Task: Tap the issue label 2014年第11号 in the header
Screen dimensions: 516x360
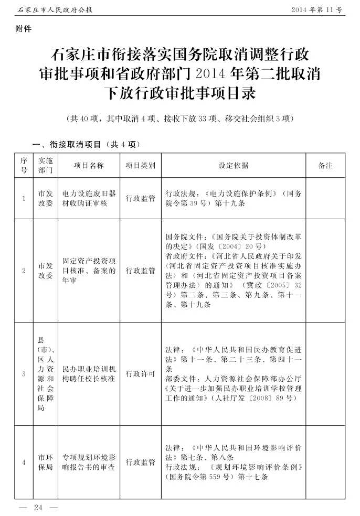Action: [x=316, y=10]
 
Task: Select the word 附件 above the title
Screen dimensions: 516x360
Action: [x=24, y=29]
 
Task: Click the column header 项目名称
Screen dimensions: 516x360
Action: [x=88, y=166]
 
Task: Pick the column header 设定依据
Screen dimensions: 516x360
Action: [x=233, y=166]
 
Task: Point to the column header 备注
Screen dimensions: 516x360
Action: [x=325, y=166]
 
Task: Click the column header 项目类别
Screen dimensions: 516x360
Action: [x=140, y=166]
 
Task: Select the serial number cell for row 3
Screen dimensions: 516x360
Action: [x=24, y=374]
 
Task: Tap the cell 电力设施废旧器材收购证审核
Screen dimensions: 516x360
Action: [x=88, y=198]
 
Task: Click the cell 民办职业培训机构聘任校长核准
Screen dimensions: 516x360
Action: [x=88, y=373]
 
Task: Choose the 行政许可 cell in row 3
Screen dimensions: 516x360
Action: [x=140, y=374]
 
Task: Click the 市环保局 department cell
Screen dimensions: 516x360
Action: [x=45, y=462]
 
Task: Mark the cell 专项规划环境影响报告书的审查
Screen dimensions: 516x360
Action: [x=88, y=462]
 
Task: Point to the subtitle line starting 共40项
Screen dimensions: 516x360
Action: [x=180, y=119]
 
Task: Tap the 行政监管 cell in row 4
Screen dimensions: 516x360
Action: [x=140, y=462]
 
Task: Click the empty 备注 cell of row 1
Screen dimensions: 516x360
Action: [x=325, y=198]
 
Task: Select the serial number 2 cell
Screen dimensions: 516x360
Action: [x=24, y=271]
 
